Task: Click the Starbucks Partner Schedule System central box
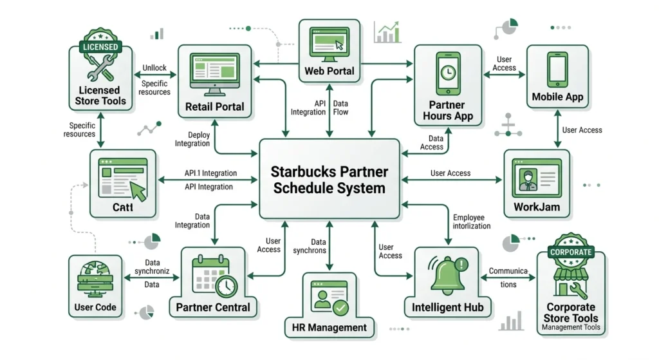point(329,180)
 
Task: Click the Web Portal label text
point(329,71)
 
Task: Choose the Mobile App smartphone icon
point(557,68)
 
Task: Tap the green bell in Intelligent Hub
point(445,274)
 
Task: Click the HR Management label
point(329,327)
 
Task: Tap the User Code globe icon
point(95,278)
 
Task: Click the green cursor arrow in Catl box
point(138,190)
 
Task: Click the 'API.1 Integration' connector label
point(210,173)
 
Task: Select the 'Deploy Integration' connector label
point(192,139)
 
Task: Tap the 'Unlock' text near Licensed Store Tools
point(154,68)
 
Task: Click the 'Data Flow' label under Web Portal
point(341,108)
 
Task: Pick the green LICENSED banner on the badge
point(99,47)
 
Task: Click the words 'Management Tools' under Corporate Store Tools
point(571,327)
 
